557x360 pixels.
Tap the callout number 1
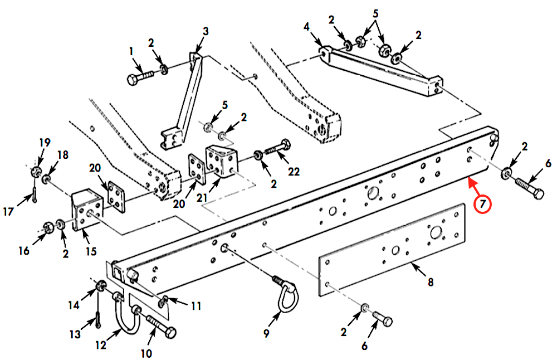pos(131,51)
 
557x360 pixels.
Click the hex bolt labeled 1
pos(140,77)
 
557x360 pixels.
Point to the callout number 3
pos(206,31)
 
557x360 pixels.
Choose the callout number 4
pos(306,27)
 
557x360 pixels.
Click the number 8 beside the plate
pos(431,282)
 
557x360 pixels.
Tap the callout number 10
pos(146,353)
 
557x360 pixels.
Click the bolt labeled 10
pos(160,326)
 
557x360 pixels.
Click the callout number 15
pos(91,251)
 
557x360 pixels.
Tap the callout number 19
pos(45,143)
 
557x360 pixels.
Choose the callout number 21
pos(202,198)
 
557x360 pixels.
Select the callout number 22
pos(294,172)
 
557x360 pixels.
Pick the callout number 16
pos(24,251)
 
